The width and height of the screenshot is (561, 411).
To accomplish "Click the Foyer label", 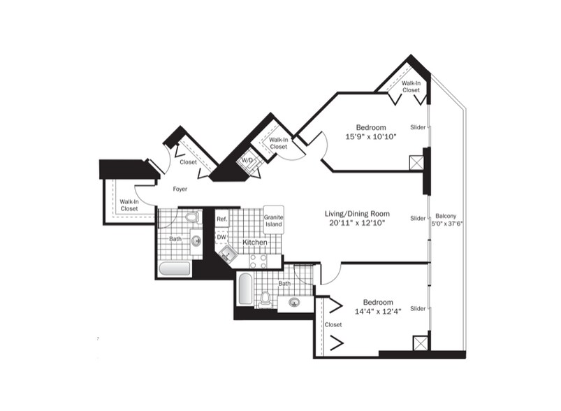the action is click(180, 189).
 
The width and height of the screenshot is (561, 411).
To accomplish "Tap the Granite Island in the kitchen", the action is click(274, 219).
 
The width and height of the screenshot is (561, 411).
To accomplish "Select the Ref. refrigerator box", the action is click(222, 219).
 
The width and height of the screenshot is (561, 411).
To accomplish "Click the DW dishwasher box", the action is click(222, 237).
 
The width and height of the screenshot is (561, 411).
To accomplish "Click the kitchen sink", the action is click(227, 254).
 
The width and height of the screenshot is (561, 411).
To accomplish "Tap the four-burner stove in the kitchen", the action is click(258, 261).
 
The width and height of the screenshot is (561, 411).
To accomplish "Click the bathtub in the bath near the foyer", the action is click(174, 269).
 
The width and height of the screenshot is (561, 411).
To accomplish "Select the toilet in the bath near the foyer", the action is click(193, 217).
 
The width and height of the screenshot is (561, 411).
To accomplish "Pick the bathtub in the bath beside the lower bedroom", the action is click(245, 289).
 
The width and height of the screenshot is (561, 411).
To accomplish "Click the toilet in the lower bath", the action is click(265, 299).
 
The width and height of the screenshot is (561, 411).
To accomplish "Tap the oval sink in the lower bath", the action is click(294, 303).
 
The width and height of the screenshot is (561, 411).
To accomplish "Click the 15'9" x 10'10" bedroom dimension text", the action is click(371, 136).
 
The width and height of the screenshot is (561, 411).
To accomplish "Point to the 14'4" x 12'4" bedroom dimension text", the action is click(378, 311).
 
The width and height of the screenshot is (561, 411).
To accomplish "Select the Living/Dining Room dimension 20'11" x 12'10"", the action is click(357, 223).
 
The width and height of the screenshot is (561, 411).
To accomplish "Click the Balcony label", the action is click(446, 216).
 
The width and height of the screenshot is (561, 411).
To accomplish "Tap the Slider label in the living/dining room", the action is click(418, 218).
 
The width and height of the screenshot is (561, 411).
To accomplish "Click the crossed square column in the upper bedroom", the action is click(416, 162).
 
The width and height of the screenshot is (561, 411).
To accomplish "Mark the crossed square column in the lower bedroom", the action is click(421, 343).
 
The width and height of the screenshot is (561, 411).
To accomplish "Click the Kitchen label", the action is click(255, 243).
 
